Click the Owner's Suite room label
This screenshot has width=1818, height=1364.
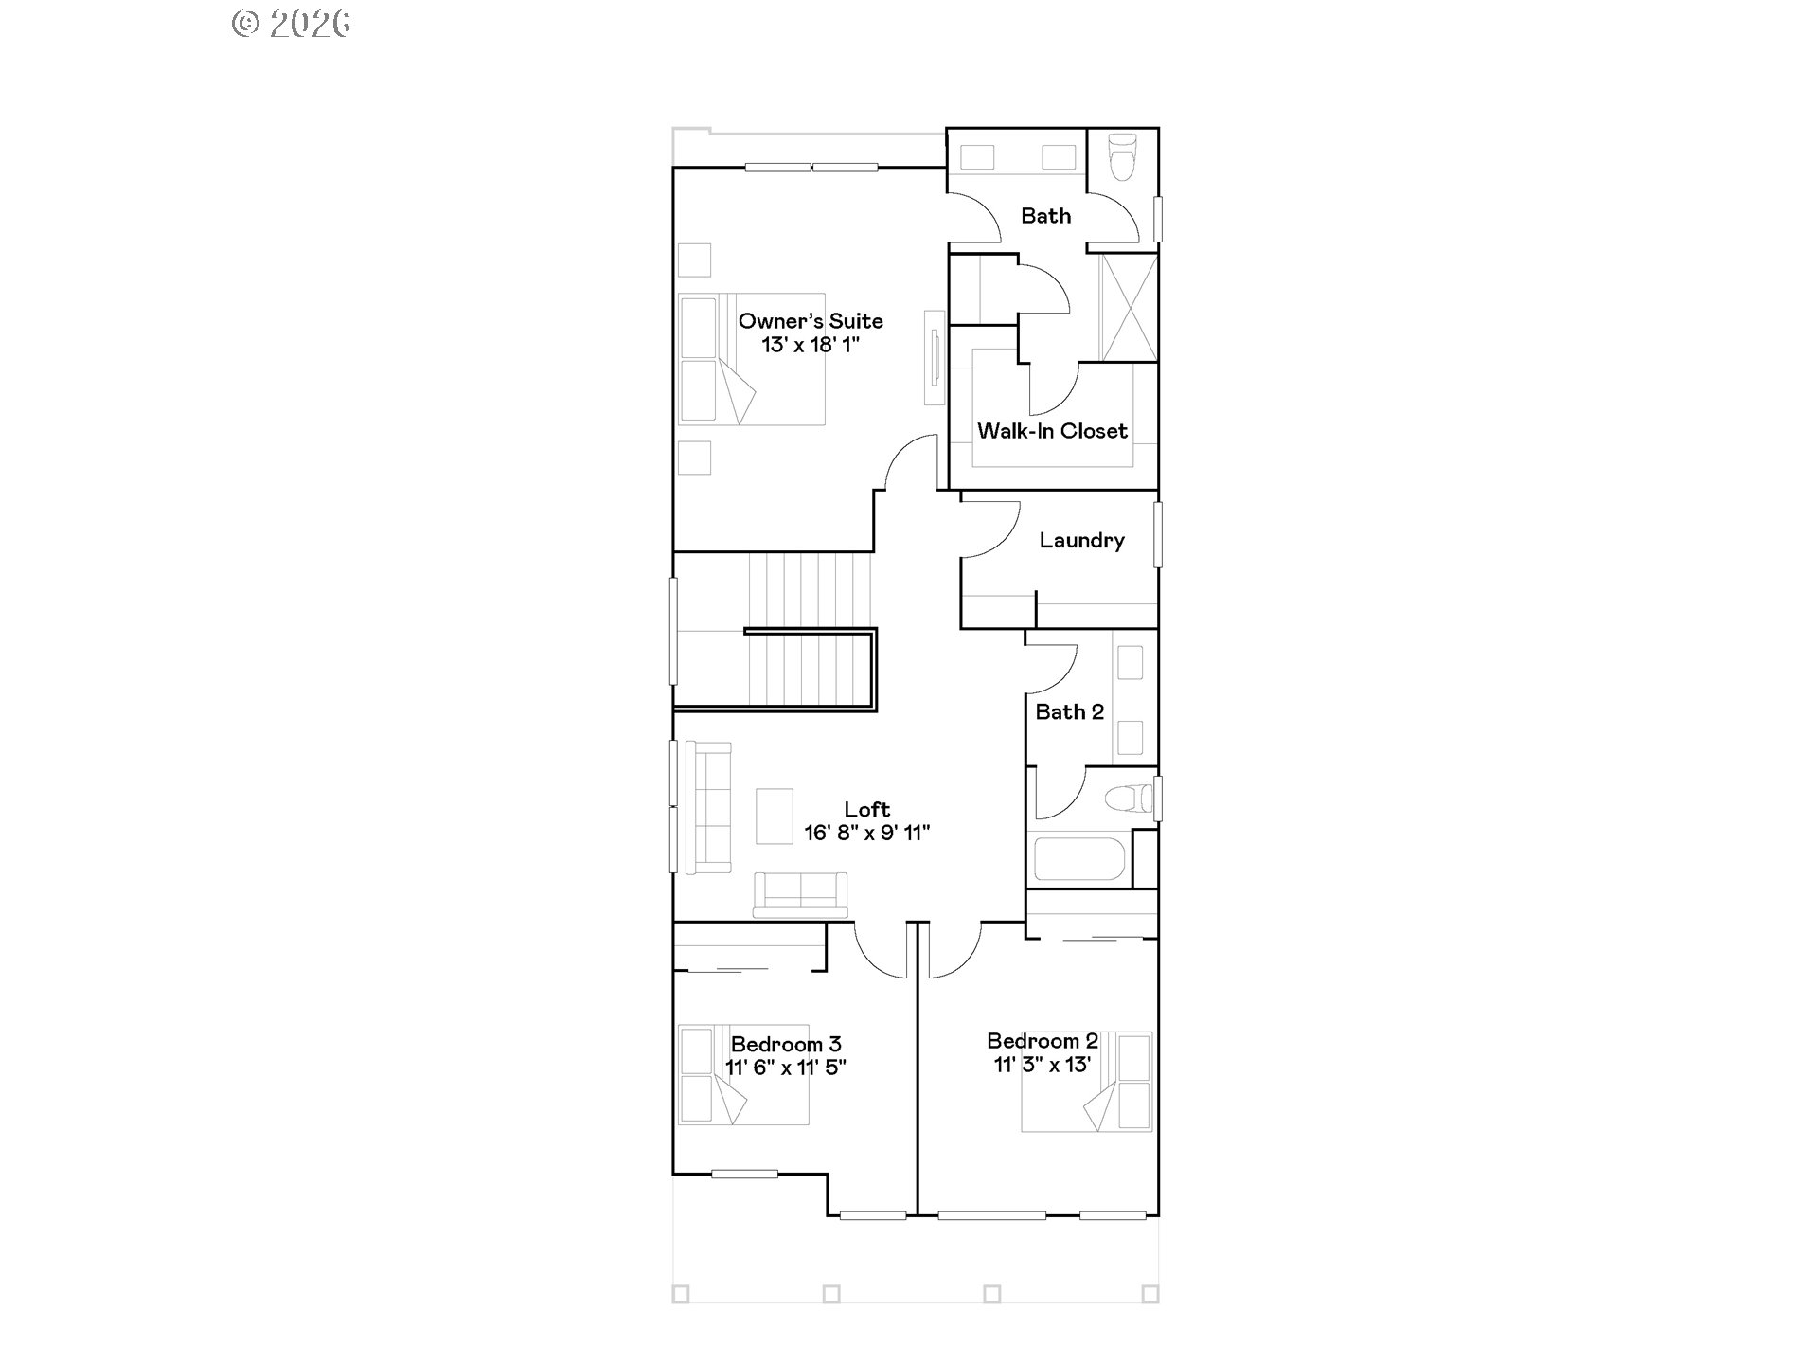tap(811, 321)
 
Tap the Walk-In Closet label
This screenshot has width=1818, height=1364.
tap(1052, 431)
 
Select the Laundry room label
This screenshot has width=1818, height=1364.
tap(1081, 540)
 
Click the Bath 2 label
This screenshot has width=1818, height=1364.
tap(1069, 711)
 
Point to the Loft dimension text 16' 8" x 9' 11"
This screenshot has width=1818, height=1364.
tap(866, 833)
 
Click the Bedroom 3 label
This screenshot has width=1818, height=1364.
tap(785, 1044)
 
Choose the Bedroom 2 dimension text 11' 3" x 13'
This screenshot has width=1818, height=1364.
tap(1042, 1065)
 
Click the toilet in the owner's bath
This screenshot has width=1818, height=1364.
tap(1122, 156)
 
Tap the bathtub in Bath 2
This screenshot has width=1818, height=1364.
tap(1078, 858)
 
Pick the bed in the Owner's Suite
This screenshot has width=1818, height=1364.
tap(752, 359)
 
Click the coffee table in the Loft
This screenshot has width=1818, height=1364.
tap(775, 816)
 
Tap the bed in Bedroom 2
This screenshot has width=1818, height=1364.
tap(1087, 1082)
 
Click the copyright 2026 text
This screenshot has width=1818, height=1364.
tap(291, 24)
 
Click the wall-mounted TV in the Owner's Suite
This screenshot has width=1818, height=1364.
tap(936, 357)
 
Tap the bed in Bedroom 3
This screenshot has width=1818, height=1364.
tap(744, 1075)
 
